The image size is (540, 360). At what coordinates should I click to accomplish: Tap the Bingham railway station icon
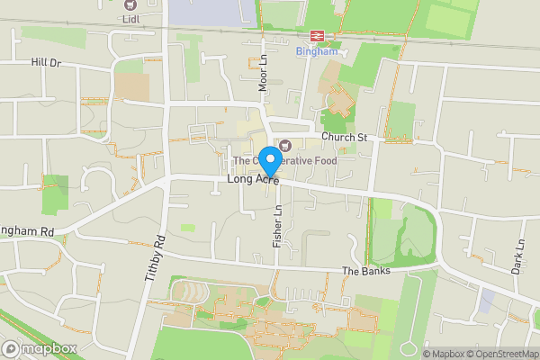click(x=317, y=35)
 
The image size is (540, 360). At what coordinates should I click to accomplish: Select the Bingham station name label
click(x=317, y=51)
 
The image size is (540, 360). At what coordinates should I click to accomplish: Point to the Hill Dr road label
click(x=45, y=63)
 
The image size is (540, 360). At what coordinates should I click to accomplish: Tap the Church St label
click(x=346, y=137)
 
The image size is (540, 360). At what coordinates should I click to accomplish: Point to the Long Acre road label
click(x=253, y=180)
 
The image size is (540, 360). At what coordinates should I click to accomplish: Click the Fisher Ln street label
click(x=278, y=226)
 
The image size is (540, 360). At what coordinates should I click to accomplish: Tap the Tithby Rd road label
click(x=154, y=259)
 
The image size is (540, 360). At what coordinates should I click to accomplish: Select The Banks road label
click(x=365, y=271)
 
